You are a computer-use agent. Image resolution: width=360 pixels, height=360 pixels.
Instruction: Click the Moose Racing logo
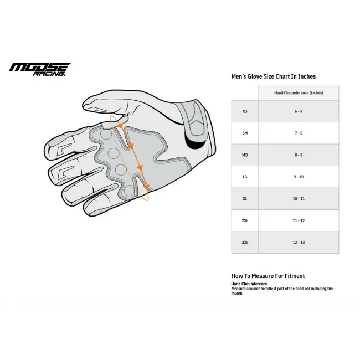pyautogui.click(x=39, y=69)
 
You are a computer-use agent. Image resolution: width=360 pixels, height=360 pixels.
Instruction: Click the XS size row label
pyautogui.click(x=245, y=111)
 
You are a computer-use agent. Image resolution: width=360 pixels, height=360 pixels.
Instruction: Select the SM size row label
pyautogui.click(x=245, y=133)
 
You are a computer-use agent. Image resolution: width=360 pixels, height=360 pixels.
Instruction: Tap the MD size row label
pyautogui.click(x=245, y=155)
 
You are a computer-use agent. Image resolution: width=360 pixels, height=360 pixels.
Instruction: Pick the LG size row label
pyautogui.click(x=245, y=177)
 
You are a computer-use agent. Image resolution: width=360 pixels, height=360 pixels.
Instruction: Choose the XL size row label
pyautogui.click(x=245, y=198)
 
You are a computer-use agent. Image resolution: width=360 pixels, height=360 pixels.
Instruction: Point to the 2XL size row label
pyautogui.click(x=245, y=220)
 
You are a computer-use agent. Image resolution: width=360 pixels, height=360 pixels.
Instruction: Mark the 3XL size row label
pyautogui.click(x=245, y=242)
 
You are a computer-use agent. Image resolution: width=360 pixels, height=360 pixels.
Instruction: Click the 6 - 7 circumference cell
pyautogui.click(x=299, y=111)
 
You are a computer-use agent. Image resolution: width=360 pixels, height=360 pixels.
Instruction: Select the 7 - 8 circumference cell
pyautogui.click(x=299, y=133)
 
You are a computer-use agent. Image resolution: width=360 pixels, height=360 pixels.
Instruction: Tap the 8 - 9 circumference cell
pyautogui.click(x=299, y=155)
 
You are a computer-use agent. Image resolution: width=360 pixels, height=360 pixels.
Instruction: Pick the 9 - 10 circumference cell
pyautogui.click(x=299, y=177)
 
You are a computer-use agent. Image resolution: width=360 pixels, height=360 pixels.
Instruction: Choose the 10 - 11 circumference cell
pyautogui.click(x=299, y=198)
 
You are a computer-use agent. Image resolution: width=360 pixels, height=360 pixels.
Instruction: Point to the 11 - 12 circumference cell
pyautogui.click(x=299, y=220)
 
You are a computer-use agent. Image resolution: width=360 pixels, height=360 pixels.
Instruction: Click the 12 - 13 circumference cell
pyautogui.click(x=299, y=242)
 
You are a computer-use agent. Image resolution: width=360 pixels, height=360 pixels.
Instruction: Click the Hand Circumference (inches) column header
pyautogui.click(x=299, y=92)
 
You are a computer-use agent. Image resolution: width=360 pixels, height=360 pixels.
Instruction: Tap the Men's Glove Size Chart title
pyautogui.click(x=273, y=76)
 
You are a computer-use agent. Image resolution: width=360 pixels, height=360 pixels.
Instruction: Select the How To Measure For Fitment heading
pyautogui.click(x=268, y=276)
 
